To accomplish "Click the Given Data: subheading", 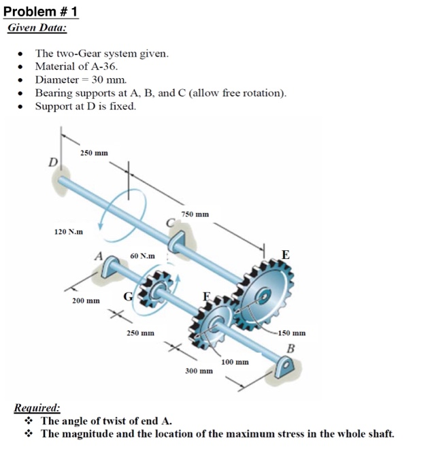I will coord(37,29).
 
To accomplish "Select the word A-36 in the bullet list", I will coord(104,67).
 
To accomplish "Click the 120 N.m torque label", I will coord(69,232).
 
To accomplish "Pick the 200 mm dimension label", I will coord(86,300).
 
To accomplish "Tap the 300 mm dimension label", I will coord(199,371).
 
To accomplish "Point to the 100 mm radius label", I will coord(235,362).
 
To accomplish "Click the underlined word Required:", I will coord(37,409).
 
